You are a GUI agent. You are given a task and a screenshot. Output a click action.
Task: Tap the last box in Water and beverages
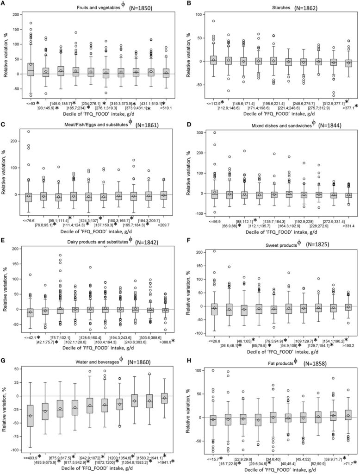(x=164, y=398)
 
